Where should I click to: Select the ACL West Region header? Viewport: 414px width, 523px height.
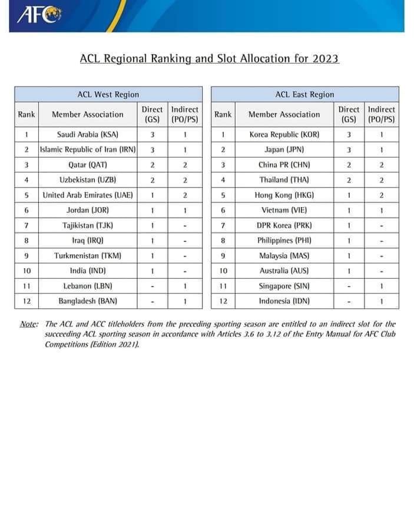click(x=108, y=94)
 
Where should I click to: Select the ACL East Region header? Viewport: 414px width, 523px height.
click(x=304, y=94)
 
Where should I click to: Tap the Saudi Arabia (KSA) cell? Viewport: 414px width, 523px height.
click(x=87, y=134)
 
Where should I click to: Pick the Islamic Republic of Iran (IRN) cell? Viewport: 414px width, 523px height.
click(x=88, y=149)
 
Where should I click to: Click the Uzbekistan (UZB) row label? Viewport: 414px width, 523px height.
click(x=87, y=179)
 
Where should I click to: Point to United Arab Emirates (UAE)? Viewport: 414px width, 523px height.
click(x=88, y=195)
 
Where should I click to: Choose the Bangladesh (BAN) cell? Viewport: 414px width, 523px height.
click(x=87, y=301)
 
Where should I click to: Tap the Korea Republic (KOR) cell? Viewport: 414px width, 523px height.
click(x=284, y=134)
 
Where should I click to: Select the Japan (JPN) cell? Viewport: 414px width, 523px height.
click(x=284, y=149)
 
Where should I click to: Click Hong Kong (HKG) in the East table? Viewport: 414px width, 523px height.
click(x=284, y=195)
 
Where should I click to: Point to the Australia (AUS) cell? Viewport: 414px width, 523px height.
click(x=284, y=271)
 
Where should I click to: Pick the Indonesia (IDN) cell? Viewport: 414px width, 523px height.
click(x=284, y=301)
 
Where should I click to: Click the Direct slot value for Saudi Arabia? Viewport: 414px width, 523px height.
click(x=153, y=134)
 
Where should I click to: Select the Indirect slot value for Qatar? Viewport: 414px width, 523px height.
click(x=185, y=165)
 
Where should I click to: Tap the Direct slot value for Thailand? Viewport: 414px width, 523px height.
click(x=349, y=179)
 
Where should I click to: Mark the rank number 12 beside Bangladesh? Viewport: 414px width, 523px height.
click(x=27, y=301)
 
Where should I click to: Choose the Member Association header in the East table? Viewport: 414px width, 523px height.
click(x=284, y=114)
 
